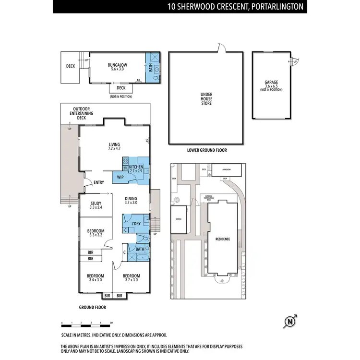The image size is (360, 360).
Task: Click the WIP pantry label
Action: pos(120,177)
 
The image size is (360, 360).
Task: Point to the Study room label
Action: pos(96,205)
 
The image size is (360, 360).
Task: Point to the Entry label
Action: pos(99,182)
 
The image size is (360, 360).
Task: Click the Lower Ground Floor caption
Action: pos(206,150)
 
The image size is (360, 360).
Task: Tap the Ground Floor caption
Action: pos(92,307)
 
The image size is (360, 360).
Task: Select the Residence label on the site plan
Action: pos(223,239)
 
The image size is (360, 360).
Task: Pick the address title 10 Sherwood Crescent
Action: pos(235,7)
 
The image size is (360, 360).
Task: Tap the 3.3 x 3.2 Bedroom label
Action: pos(96,233)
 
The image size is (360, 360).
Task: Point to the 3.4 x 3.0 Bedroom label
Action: pos(96,277)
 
